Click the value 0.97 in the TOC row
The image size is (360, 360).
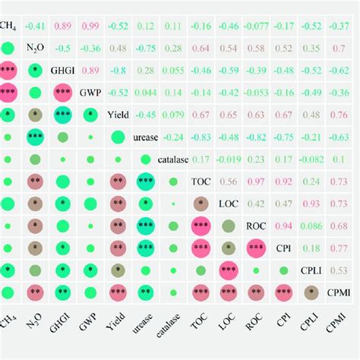[256, 182]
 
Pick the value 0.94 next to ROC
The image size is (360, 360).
[283, 226]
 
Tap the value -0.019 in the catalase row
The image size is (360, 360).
[229, 159]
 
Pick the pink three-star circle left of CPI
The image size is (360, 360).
[256, 248]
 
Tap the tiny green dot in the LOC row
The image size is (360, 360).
[173, 204]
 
